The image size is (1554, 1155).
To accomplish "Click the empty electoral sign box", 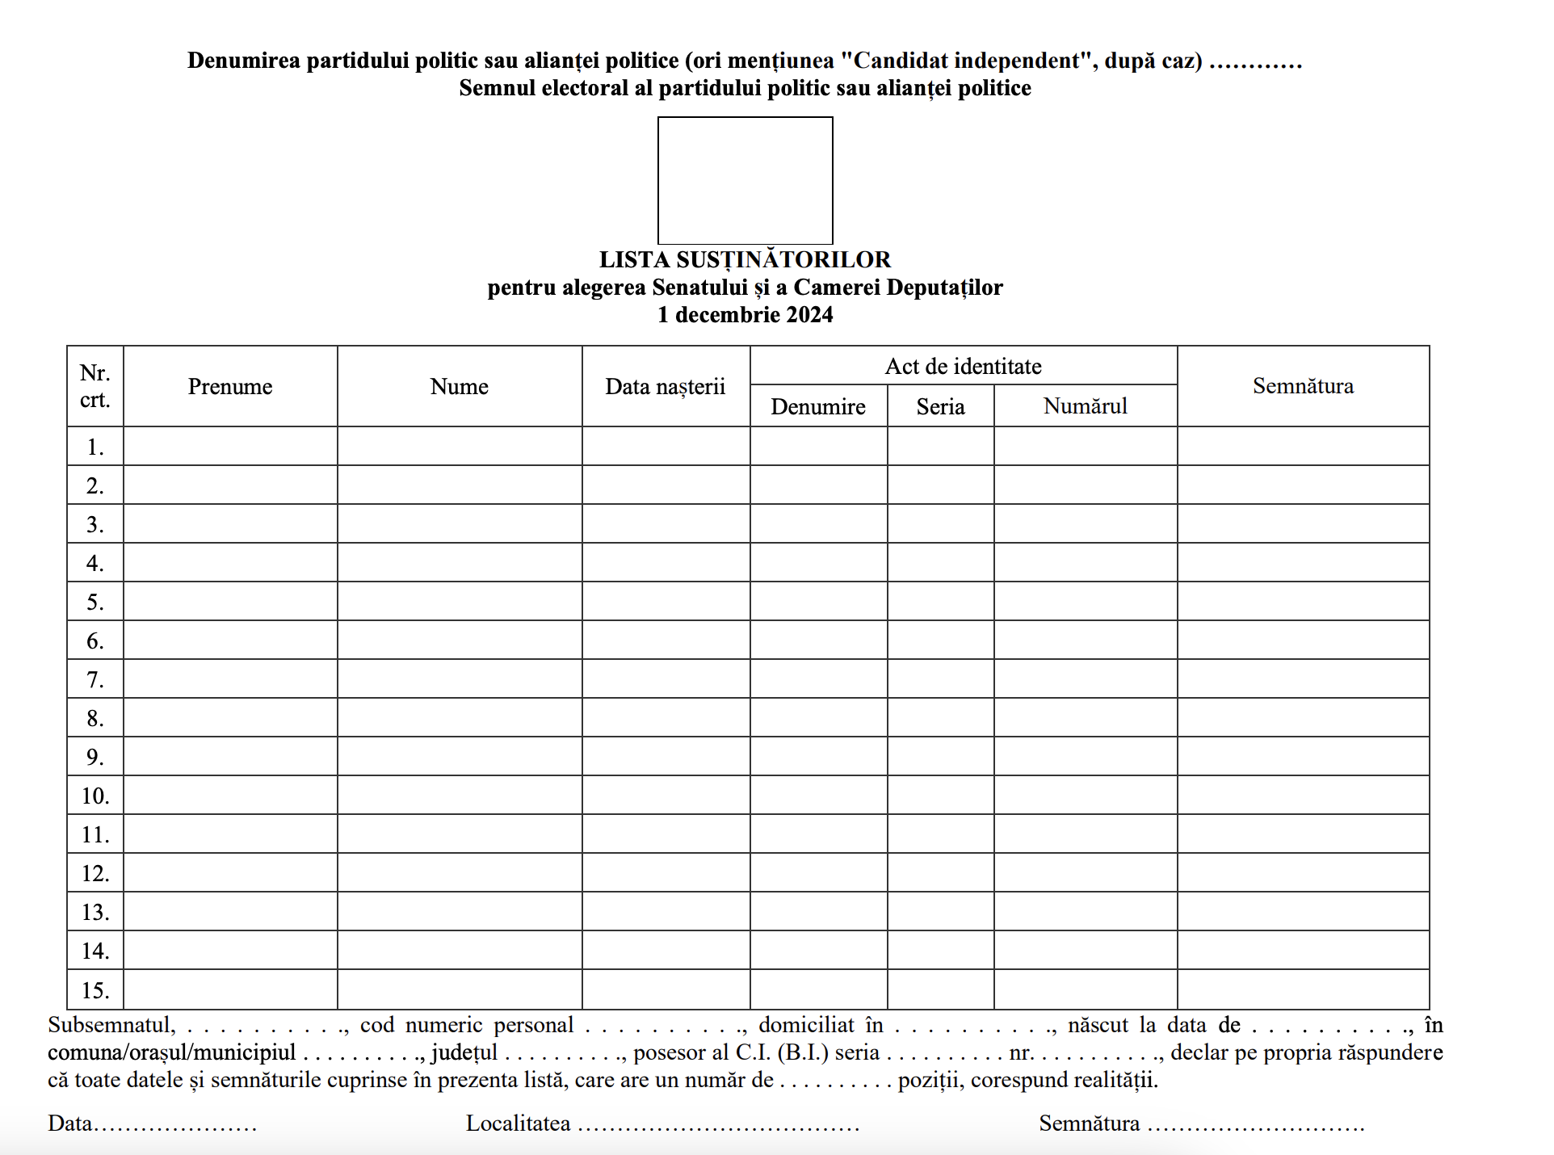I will tap(745, 180).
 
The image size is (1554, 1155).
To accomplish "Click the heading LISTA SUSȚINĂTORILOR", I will tap(745, 259).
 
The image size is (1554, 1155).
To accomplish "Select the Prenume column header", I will tap(230, 387).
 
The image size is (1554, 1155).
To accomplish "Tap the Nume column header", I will tap(459, 387).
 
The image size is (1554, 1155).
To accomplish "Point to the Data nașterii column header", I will tap(666, 387).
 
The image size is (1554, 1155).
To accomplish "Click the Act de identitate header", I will tap(963, 367).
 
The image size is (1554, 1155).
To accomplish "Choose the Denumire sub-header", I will tap(818, 406).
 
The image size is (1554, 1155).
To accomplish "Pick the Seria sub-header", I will tap(940, 406).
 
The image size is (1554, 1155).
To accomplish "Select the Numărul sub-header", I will tap(1085, 406).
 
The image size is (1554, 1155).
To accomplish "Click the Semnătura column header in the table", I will tap(1303, 386).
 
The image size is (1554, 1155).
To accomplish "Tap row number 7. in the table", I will tap(95, 679).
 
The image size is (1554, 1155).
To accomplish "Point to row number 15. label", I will tap(95, 989).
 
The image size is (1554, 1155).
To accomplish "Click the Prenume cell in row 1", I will tap(230, 446).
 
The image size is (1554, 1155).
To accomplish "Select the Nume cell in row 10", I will tap(459, 795).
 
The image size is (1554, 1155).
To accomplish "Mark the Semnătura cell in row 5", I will tap(1303, 601).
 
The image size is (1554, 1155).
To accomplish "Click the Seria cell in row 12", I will tap(940, 872).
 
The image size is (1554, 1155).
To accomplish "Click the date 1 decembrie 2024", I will tap(745, 315).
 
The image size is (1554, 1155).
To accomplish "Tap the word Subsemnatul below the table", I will tap(111, 1025).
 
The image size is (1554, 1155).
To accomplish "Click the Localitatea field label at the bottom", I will tap(518, 1123).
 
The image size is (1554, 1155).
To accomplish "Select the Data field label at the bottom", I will tap(69, 1123).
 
